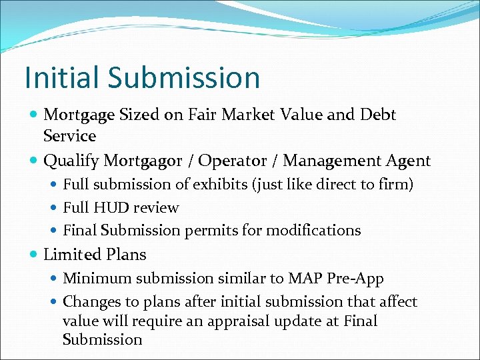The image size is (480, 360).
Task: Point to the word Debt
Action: pos(377,115)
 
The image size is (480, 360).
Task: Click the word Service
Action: pos(69,136)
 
